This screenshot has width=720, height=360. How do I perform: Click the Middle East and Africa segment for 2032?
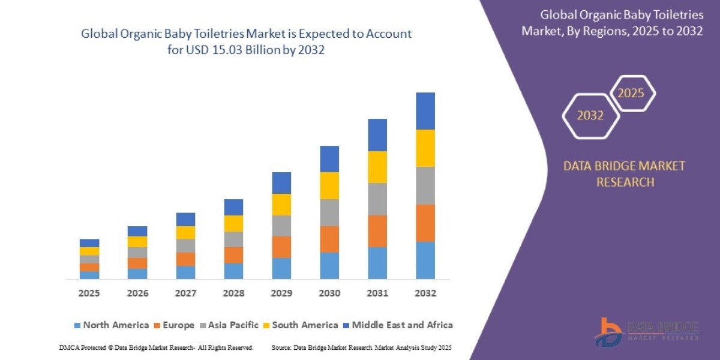coord(425,111)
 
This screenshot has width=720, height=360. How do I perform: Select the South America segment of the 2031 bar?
coord(377,167)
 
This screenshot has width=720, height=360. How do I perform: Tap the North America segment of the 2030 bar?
coord(329,265)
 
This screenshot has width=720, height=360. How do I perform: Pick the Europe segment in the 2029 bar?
coord(281,247)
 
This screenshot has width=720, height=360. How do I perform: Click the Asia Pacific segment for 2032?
coord(425,185)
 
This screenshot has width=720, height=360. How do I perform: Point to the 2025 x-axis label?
coord(89,293)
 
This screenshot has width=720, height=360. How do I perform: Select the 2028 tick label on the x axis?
coord(233,293)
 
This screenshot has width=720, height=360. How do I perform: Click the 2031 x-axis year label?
coord(377,293)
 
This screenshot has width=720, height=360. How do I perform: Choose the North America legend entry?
coord(111,325)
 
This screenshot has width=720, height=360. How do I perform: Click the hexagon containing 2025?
coord(631,93)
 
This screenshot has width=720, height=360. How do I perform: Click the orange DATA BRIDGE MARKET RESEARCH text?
coord(624,174)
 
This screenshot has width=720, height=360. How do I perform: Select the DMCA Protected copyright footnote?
coord(156,347)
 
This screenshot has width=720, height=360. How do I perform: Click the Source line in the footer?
coord(361,347)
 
